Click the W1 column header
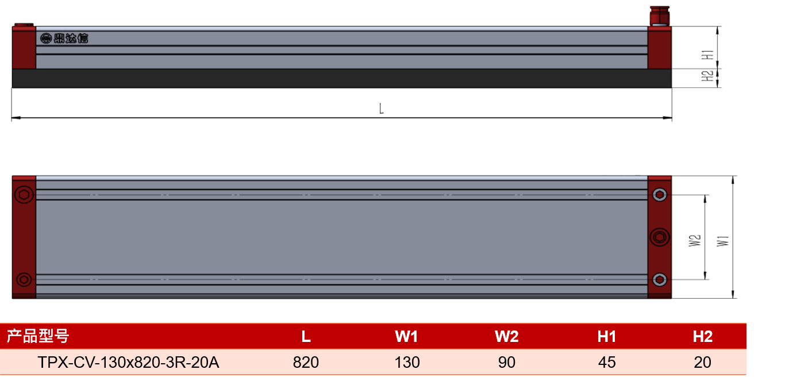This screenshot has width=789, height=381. coord(406,336)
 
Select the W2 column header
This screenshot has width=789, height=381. coord(506,336)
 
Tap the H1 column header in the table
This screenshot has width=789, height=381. coord(606,336)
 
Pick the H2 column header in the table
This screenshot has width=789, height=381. coord(703,336)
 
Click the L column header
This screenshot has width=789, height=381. coord(306,336)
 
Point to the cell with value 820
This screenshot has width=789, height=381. coord(306,362)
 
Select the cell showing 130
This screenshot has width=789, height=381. coord(407,362)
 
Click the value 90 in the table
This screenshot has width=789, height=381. coord(506,362)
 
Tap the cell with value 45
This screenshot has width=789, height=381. coord(606,362)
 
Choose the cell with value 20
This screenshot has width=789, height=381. coord(702,362)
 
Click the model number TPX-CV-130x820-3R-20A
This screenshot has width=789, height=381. coord(128,362)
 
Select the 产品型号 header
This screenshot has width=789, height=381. coord(38,336)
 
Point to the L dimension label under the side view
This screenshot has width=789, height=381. coord(381,109)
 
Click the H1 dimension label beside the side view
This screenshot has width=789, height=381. coord(707,55)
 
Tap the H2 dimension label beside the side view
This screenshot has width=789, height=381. coord(707,76)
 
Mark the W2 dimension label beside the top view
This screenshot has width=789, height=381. coord(695,241)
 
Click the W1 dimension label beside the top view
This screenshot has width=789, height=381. coord(723,241)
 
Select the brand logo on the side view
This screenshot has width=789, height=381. coord(64,38)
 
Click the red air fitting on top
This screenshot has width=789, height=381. coord(659,16)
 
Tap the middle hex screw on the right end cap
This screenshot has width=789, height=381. coord(660,237)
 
